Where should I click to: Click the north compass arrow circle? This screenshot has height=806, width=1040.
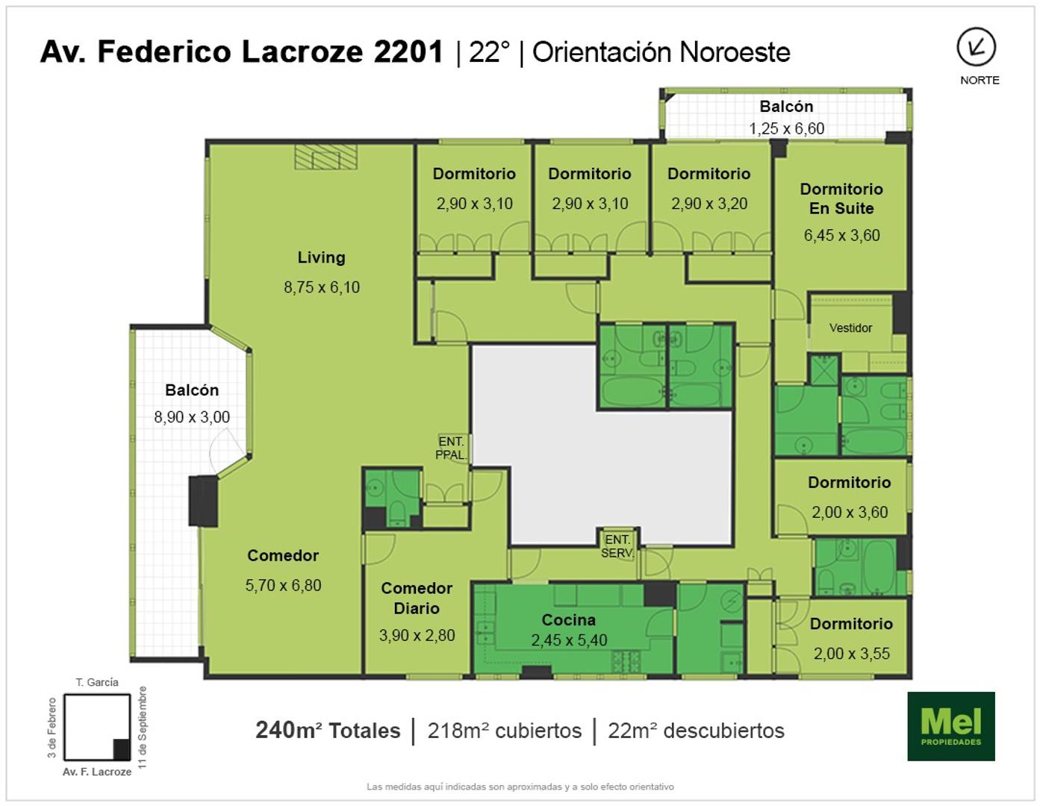coord(977,47)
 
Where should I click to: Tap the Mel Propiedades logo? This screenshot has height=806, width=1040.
coord(951,726)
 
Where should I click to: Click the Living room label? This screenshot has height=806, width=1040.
coord(322,257)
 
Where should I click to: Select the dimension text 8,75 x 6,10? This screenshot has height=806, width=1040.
coord(322,287)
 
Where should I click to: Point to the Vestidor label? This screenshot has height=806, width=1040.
coord(850,328)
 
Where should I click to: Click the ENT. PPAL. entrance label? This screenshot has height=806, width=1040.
coord(451,449)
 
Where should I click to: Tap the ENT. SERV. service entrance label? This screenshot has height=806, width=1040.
coord(617,546)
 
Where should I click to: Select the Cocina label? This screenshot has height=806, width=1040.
coord(569,619)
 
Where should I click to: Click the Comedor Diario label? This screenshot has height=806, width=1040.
coord(417,598)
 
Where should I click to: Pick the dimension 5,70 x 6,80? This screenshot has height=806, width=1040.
coord(284,585)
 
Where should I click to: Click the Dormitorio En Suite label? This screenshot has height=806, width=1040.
coord(841,199)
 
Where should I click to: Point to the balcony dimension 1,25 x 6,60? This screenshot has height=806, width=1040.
coord(786,128)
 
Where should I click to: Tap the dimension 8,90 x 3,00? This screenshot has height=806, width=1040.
coord(192,416)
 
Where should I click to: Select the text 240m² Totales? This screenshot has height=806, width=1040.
coord(328,731)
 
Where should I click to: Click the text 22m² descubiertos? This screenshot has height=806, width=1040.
coord(697,731)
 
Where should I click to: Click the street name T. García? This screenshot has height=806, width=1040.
coord(97,682)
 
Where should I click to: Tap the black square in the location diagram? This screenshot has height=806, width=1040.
coord(121,749)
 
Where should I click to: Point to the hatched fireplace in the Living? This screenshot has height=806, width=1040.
coord(326,157)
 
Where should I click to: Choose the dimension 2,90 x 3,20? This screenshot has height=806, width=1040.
coord(709,203)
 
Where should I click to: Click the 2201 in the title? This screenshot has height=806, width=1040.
coord(408,51)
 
